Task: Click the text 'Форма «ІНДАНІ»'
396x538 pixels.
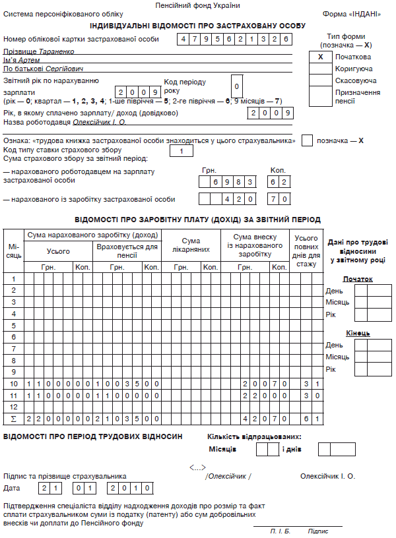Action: [x=352, y=14]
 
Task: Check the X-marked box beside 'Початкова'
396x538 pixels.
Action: [x=320, y=57]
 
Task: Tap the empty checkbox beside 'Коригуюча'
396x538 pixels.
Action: [x=320, y=69]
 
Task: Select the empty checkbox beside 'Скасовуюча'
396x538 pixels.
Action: [x=320, y=80]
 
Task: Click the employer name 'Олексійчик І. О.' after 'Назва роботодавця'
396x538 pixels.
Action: [x=81, y=123]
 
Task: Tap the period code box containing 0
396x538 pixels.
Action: [x=237, y=86]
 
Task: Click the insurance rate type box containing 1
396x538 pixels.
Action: [x=181, y=152]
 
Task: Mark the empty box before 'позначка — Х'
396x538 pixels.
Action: [x=307, y=140]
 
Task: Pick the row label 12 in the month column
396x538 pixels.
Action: [x=14, y=407]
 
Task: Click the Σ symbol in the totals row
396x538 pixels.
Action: [x=13, y=419]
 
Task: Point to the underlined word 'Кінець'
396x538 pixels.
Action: [x=358, y=333]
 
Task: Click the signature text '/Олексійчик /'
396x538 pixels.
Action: [x=228, y=476]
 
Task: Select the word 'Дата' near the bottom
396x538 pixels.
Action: [x=12, y=489]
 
